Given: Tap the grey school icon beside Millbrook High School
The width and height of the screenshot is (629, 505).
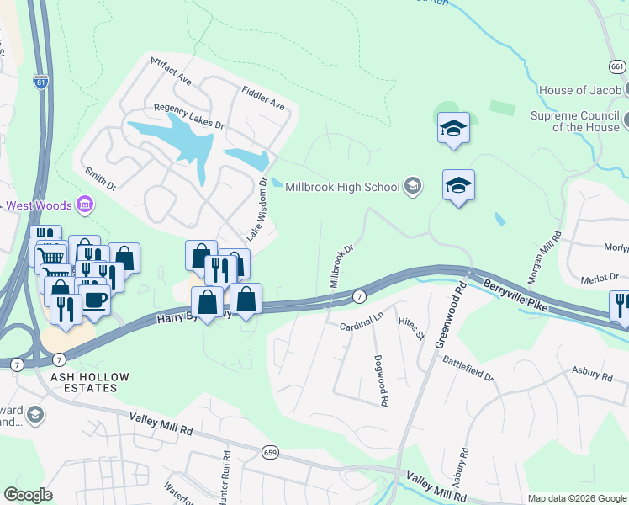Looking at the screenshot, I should click(x=412, y=185).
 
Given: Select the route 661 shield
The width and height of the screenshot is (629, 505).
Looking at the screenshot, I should click(x=618, y=66).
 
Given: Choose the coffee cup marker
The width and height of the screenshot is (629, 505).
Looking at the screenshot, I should click(x=94, y=300).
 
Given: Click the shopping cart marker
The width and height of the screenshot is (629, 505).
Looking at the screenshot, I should click(x=53, y=257).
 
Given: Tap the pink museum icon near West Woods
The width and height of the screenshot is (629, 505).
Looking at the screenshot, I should click(x=83, y=204).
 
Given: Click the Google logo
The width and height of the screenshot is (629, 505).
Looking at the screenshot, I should click(x=28, y=495).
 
